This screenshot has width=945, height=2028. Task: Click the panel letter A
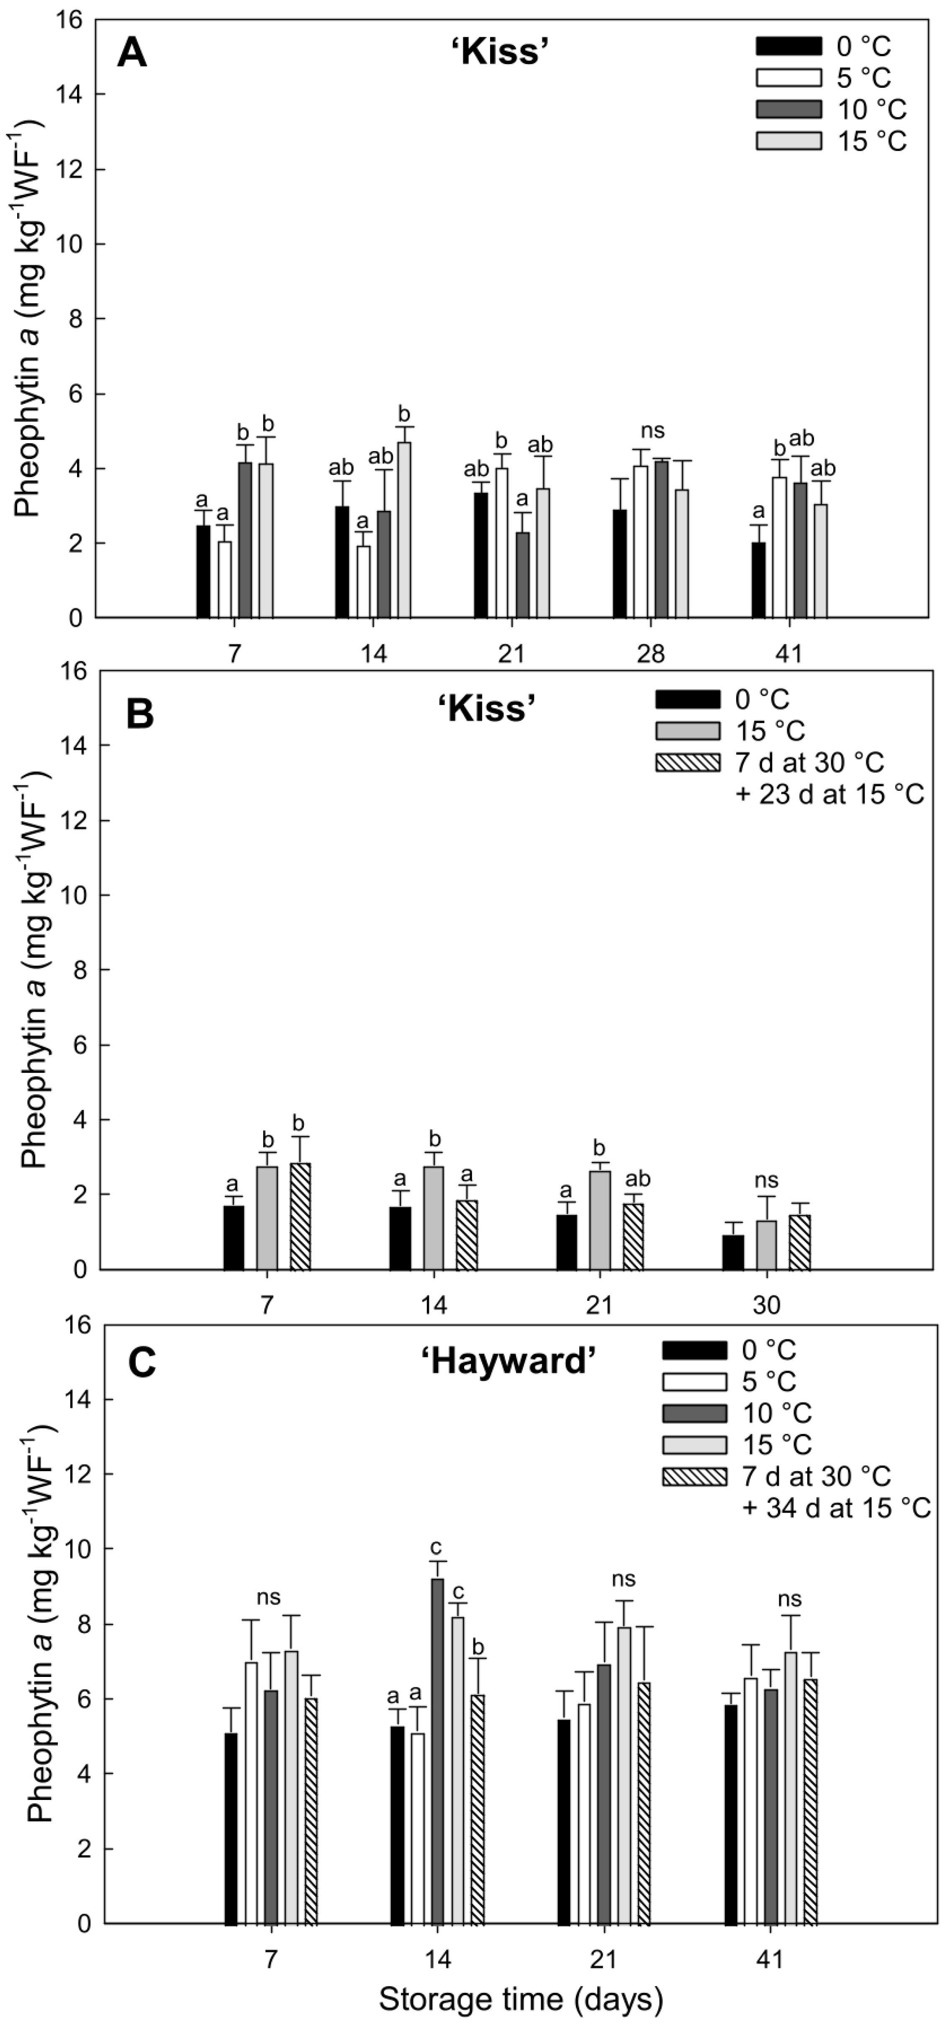pyautogui.click(x=132, y=56)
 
